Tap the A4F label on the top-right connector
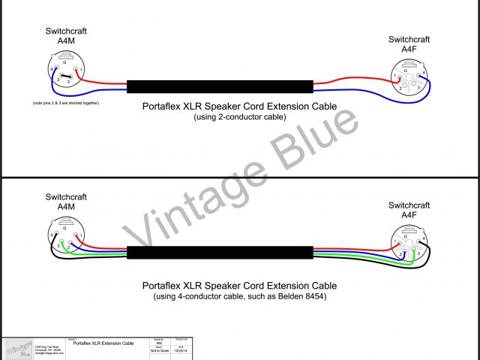point(409,49)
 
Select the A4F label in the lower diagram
point(409,214)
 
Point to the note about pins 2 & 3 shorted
point(66,102)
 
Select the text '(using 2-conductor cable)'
point(239,118)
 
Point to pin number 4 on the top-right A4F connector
point(424,72)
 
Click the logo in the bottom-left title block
point(16,349)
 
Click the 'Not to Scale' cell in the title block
point(158,350)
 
